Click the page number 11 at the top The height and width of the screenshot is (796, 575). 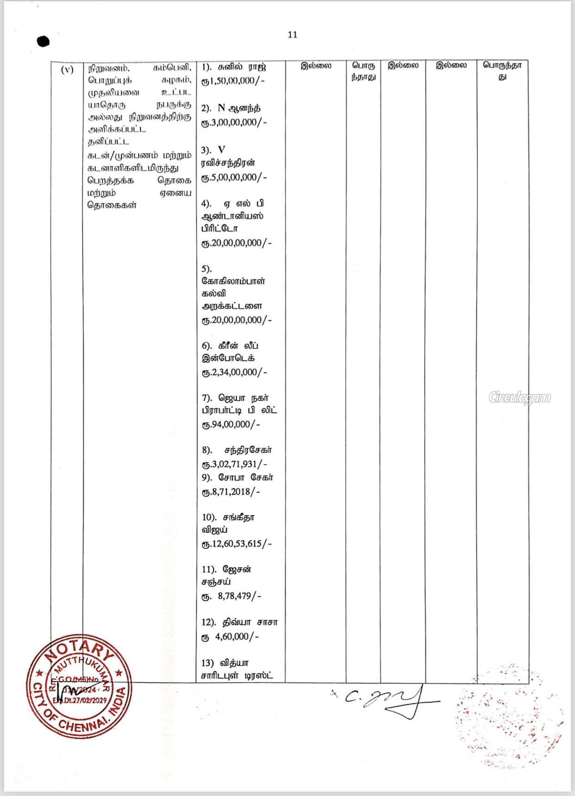click(x=292, y=35)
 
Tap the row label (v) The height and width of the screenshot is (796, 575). click(x=67, y=69)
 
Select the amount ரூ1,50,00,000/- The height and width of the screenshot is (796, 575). click(x=233, y=81)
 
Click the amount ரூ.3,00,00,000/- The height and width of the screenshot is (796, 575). click(x=234, y=122)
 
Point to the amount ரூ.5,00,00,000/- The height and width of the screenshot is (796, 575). click(x=234, y=177)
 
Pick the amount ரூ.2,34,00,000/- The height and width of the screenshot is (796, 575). click(x=234, y=372)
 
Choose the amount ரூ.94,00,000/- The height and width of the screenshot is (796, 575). click(x=231, y=425)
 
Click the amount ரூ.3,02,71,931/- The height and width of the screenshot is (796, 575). click(x=234, y=464)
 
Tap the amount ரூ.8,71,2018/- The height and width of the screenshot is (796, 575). click(x=231, y=492)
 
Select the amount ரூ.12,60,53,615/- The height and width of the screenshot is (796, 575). click(x=236, y=544)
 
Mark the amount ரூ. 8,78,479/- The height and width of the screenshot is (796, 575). click(x=231, y=596)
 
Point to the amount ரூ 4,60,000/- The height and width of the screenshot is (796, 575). click(x=230, y=637)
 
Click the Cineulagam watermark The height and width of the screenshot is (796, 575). click(x=519, y=397)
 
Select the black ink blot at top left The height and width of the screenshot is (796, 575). click(x=43, y=41)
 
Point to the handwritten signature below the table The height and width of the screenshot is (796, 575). click(x=389, y=701)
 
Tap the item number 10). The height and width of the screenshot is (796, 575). click(x=209, y=517)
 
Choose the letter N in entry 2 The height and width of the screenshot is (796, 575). click(x=221, y=108)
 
